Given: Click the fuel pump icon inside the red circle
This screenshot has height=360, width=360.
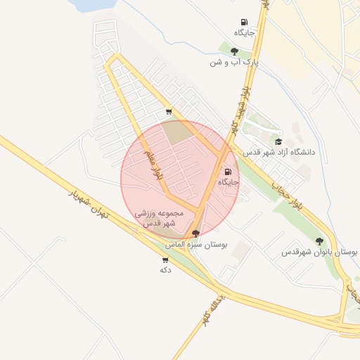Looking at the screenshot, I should pyautogui.click(x=227, y=172).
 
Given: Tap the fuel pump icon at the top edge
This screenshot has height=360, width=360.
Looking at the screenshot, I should pyautogui.click(x=244, y=22).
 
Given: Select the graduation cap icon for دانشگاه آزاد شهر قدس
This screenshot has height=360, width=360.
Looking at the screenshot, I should pyautogui.click(x=278, y=141).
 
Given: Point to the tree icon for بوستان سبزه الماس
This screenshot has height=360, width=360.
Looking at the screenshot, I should pyautogui.click(x=195, y=233).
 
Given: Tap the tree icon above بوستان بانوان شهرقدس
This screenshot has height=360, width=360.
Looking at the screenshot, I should pyautogui.click(x=319, y=241).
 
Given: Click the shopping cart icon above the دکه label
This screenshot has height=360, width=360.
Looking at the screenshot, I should pyautogui.click(x=165, y=260).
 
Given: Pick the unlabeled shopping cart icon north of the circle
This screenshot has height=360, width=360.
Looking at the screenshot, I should pyautogui.click(x=169, y=111).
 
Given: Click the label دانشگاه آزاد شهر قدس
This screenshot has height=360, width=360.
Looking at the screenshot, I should pyautogui.click(x=279, y=152).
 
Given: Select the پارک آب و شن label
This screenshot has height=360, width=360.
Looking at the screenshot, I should pyautogui.click(x=234, y=62).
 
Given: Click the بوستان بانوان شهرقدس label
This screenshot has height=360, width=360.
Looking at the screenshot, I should pyautogui.click(x=320, y=252).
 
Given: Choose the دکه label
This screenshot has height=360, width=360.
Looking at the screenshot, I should pyautogui.click(x=166, y=270).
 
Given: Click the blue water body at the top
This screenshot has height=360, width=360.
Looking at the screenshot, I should pyautogui.click(x=95, y=4).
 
